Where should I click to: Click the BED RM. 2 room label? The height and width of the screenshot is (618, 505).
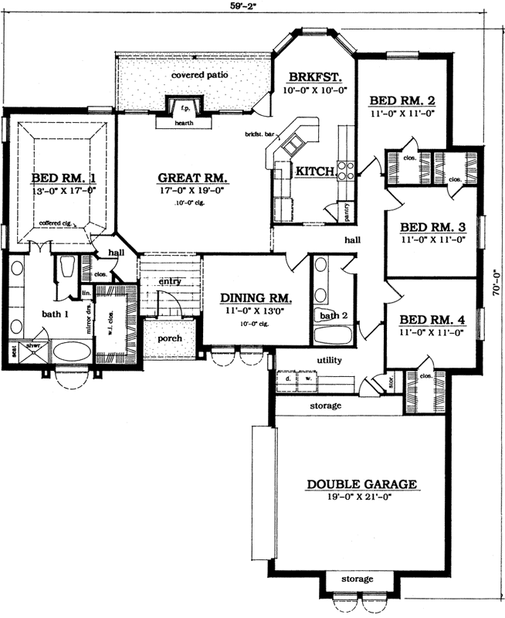[x=402, y=100]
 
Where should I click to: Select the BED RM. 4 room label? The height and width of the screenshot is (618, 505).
[x=432, y=319]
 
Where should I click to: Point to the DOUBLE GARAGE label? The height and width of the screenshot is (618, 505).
[x=362, y=484]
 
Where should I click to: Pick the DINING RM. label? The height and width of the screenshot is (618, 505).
[x=256, y=298]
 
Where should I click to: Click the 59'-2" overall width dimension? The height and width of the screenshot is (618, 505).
[x=252, y=8]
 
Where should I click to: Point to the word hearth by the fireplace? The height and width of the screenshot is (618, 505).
[x=183, y=122]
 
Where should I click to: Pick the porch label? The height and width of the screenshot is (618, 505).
[x=170, y=339]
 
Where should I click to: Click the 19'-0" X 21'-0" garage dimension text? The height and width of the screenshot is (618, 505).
[x=362, y=497]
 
